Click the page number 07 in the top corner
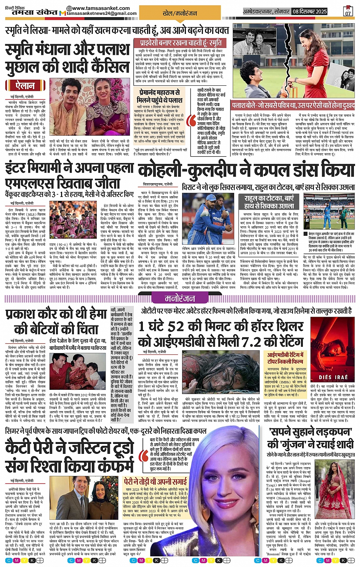coord(347,12)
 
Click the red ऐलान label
coord(26,85)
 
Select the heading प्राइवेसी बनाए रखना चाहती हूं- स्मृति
coord(178,43)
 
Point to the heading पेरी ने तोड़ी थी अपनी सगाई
coord(155,481)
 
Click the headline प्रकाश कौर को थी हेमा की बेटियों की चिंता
coord(56,322)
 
